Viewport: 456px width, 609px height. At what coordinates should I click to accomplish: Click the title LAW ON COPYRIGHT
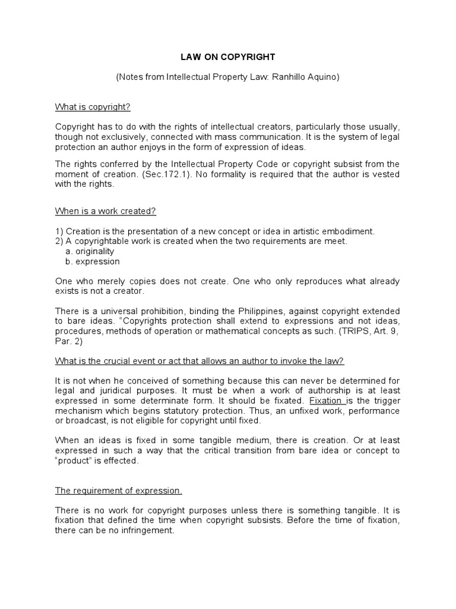point(228,57)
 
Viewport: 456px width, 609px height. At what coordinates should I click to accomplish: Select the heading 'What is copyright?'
point(93,107)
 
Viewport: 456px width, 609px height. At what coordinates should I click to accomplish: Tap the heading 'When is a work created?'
point(106,211)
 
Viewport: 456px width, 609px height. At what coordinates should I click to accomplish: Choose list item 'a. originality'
point(89,251)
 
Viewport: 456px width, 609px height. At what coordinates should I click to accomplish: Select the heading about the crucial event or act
point(199,361)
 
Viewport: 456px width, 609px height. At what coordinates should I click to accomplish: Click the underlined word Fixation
point(325,401)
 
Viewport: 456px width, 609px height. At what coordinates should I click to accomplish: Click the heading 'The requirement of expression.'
point(119,491)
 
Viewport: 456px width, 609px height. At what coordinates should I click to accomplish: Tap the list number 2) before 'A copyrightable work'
point(59,241)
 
